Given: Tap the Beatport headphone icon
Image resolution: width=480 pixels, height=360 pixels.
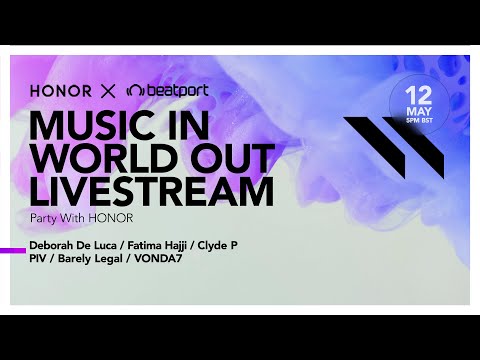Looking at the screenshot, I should pos(137,91).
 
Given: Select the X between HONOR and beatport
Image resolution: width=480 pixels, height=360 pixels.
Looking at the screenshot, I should pos(110,91).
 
